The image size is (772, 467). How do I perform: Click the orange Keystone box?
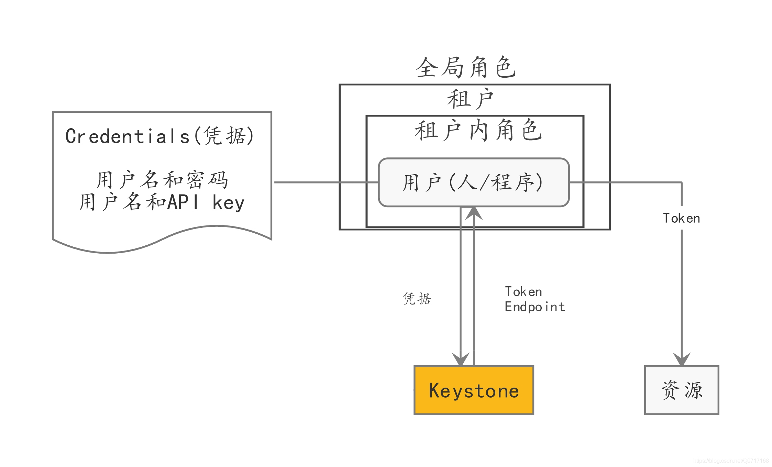click(x=474, y=390)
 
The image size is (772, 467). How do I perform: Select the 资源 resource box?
click(x=682, y=390)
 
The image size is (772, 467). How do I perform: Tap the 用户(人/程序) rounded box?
click(x=474, y=182)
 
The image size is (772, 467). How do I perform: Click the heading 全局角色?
click(x=466, y=67)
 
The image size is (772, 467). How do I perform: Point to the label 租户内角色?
click(x=478, y=130)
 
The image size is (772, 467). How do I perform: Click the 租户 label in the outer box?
click(x=470, y=99)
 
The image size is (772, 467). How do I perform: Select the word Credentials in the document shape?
click(x=128, y=136)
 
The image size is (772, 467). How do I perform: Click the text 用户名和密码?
click(x=162, y=180)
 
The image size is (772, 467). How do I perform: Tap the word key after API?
click(x=229, y=202)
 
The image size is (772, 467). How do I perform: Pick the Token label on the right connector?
click(x=682, y=218)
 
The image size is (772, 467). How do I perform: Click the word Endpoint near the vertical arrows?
click(x=535, y=307)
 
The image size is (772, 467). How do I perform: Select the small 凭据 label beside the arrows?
click(x=417, y=298)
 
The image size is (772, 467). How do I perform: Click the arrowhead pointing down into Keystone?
click(x=461, y=359)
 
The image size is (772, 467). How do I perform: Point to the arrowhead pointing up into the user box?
click(x=474, y=213)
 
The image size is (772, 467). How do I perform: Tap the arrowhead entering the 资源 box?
click(x=682, y=359)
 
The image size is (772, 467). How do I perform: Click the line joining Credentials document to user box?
click(x=326, y=182)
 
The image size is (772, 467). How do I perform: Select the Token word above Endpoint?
click(x=523, y=292)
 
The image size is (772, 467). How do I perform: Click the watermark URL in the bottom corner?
click(x=731, y=461)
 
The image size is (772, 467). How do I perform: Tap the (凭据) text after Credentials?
click(x=224, y=136)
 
